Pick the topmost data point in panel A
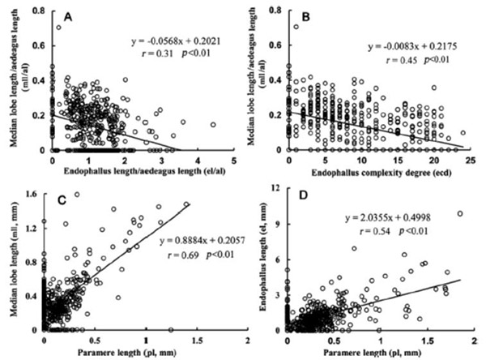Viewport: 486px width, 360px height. tap(58, 28)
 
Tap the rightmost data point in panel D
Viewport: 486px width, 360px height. tap(460, 214)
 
